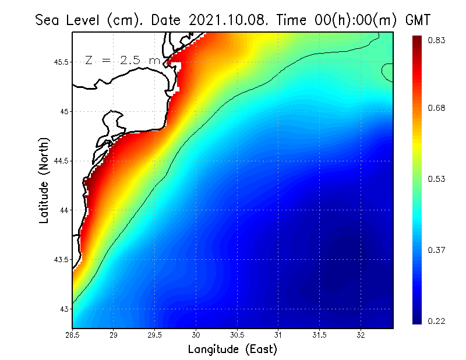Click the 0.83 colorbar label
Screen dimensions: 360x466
437,40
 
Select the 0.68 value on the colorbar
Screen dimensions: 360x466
437,108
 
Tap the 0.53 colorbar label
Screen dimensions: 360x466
437,179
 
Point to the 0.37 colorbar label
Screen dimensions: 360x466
437,250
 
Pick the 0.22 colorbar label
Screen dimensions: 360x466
437,321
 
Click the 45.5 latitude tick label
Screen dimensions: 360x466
61,62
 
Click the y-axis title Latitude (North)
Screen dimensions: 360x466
44,180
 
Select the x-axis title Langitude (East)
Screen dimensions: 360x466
232,350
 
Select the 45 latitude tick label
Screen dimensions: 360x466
65,111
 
